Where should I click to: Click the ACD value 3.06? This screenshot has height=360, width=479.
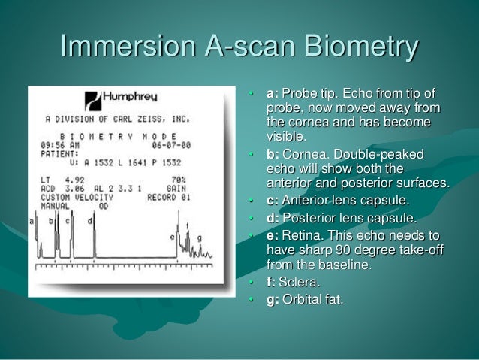(x=75, y=188)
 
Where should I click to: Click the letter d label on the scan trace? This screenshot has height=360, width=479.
(x=89, y=221)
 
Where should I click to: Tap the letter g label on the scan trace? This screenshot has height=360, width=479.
(x=199, y=237)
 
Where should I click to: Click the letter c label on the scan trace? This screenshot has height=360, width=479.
(x=68, y=221)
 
